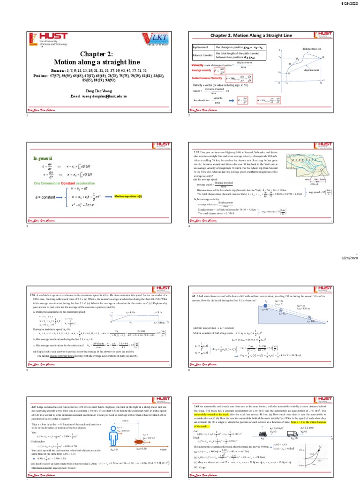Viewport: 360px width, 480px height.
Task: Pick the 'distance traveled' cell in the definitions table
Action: [x=202, y=55]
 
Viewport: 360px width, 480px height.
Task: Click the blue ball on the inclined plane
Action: [x=266, y=306]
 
